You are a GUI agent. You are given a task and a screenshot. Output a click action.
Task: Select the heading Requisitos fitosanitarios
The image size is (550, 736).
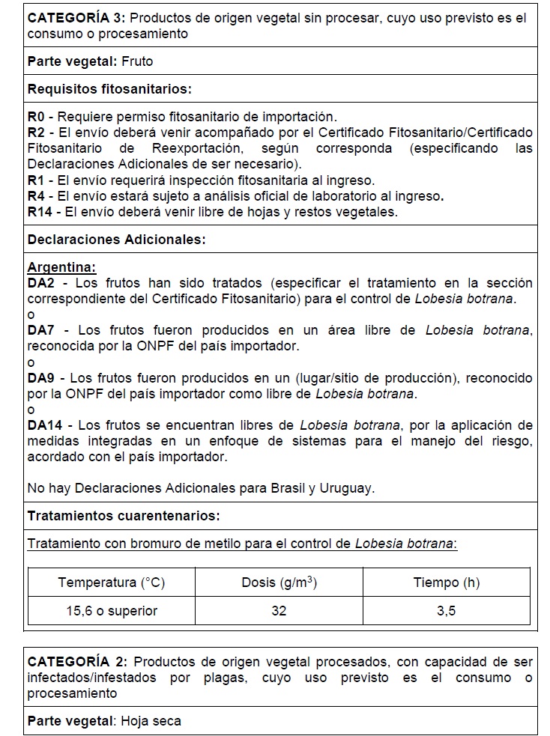tap(109, 89)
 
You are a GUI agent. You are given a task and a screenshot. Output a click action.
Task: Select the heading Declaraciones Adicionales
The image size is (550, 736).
tap(116, 240)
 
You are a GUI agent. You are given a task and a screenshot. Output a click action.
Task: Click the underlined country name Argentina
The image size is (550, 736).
tap(61, 267)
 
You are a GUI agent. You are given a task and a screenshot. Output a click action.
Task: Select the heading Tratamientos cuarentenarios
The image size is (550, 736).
tap(123, 516)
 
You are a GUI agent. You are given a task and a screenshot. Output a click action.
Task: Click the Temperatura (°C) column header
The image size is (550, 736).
tap(111, 583)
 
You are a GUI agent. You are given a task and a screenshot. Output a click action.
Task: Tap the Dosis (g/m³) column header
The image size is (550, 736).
tap(279, 583)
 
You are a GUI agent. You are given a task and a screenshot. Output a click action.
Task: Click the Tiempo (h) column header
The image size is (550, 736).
tap(446, 583)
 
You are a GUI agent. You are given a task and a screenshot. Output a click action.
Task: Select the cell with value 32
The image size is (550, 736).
tap(279, 610)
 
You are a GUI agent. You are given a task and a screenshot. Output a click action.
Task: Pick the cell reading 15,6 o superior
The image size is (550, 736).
tap(111, 610)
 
